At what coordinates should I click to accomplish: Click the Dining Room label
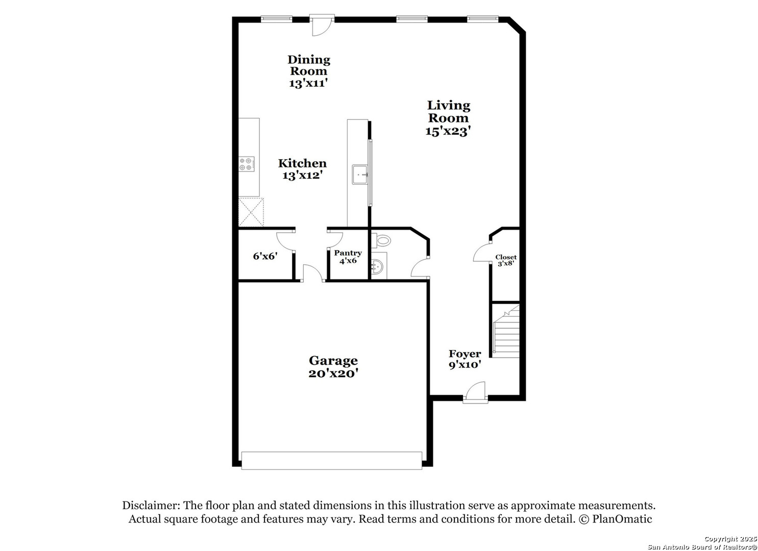(308, 65)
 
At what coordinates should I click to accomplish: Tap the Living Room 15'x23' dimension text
(448, 131)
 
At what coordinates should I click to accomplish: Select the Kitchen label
(302, 163)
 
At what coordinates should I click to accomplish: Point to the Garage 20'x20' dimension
(333, 373)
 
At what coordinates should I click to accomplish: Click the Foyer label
(464, 354)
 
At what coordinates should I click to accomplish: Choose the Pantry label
(348, 253)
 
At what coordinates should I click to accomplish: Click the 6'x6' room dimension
(264, 256)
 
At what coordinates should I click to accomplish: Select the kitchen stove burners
(247, 164)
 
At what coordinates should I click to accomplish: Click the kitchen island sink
(360, 174)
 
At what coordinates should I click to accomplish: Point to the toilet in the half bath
(381, 240)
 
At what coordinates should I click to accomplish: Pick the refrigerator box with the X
(252, 212)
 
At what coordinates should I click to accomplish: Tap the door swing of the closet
(482, 254)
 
